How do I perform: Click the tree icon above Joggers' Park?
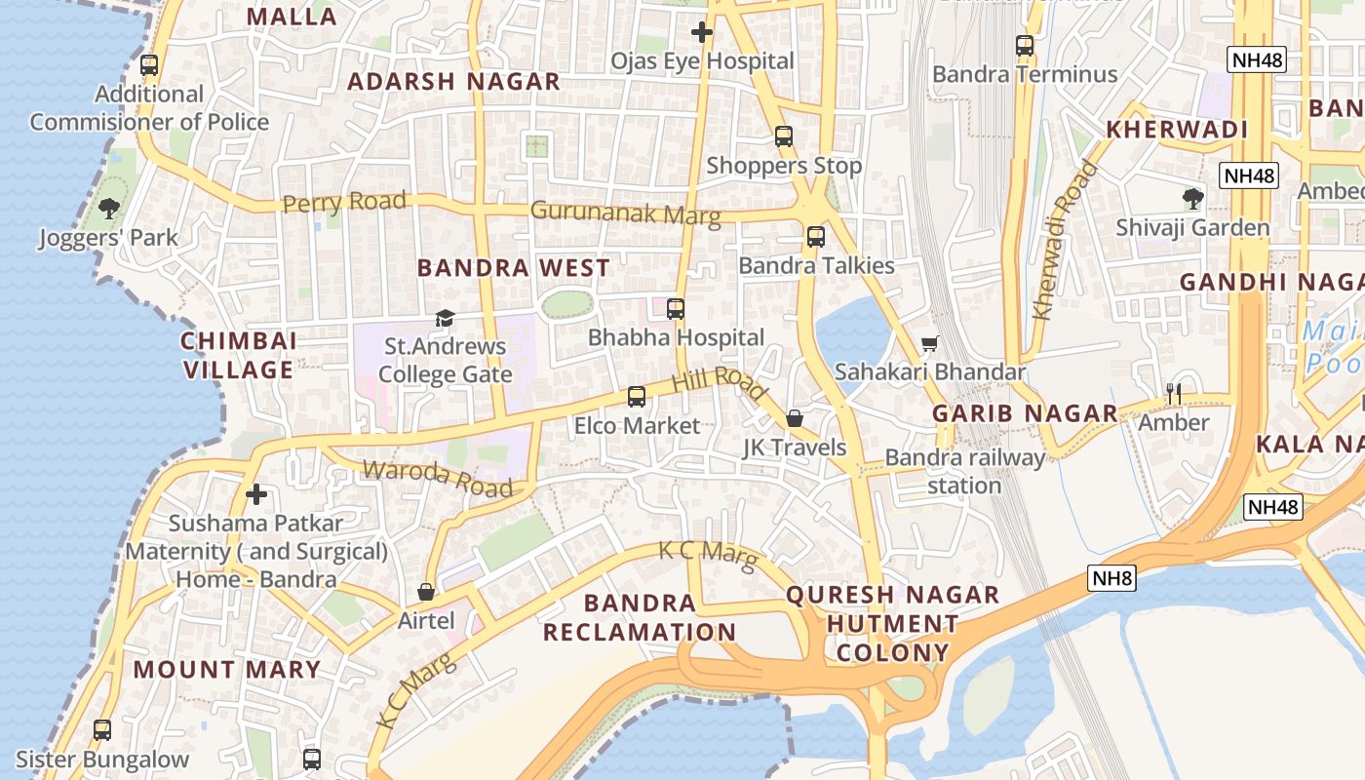109,208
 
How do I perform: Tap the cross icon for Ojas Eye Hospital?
701,32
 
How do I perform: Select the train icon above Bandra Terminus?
1024,45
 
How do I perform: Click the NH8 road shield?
1112,578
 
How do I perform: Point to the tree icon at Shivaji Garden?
1192,199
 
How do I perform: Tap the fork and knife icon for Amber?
1174,393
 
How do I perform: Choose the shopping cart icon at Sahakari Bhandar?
930,343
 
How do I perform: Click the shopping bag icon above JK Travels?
795,418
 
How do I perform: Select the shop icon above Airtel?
426,592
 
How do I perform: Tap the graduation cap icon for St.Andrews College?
445,318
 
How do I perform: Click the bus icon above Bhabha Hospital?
675,309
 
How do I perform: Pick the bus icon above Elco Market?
636,397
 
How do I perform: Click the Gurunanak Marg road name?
625,213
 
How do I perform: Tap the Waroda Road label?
437,478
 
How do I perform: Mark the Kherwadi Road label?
1065,241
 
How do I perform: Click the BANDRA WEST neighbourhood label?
514,268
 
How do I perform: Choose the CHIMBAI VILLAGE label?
239,355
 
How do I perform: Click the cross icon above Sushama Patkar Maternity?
256,494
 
